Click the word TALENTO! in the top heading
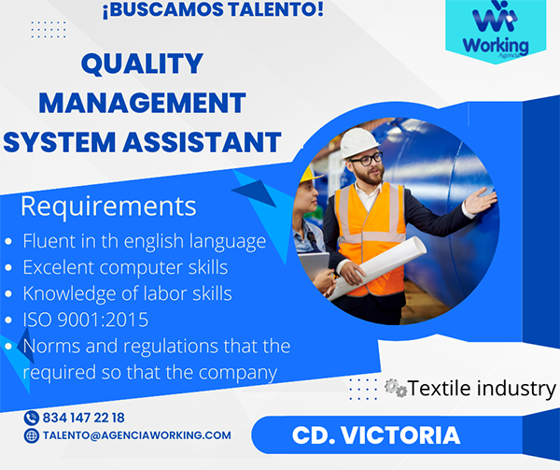pyautogui.click(x=275, y=9)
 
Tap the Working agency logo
pyautogui.click(x=496, y=31)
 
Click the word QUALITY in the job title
pyautogui.click(x=142, y=64)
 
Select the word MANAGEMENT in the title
pyautogui.click(x=142, y=103)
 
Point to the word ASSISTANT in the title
pyautogui.click(x=203, y=142)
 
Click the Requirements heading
pyautogui.click(x=108, y=207)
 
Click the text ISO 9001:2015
pyautogui.click(x=86, y=320)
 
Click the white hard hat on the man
pyautogui.click(x=358, y=142)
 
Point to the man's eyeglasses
pyautogui.click(x=367, y=159)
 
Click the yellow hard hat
pyautogui.click(x=309, y=174)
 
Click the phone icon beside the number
pyautogui.click(x=32, y=418)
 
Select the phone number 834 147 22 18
pyautogui.click(x=84, y=418)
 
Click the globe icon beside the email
pyautogui.click(x=32, y=435)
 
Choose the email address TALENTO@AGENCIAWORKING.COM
pyautogui.click(x=137, y=435)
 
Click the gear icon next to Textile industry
pyautogui.click(x=396, y=388)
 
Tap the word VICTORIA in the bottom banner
pyautogui.click(x=400, y=435)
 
